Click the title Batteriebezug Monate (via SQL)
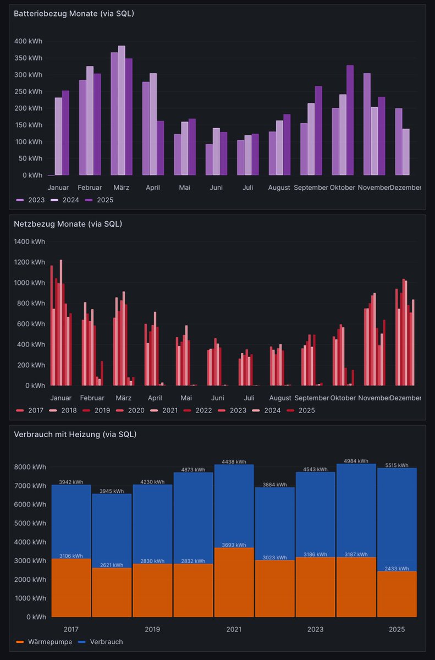(74, 14)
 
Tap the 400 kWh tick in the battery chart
(28, 41)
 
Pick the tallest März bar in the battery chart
(122, 110)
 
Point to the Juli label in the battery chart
(248, 188)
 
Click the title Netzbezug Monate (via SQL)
(68, 224)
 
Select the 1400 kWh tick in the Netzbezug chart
(30, 241)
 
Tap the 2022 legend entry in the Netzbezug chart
(211, 410)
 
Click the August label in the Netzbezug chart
(280, 398)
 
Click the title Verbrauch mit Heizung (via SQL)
(75, 435)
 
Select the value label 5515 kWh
(396, 465)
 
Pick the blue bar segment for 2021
(234, 506)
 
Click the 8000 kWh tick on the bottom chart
(30, 467)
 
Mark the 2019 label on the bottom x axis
(152, 629)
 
